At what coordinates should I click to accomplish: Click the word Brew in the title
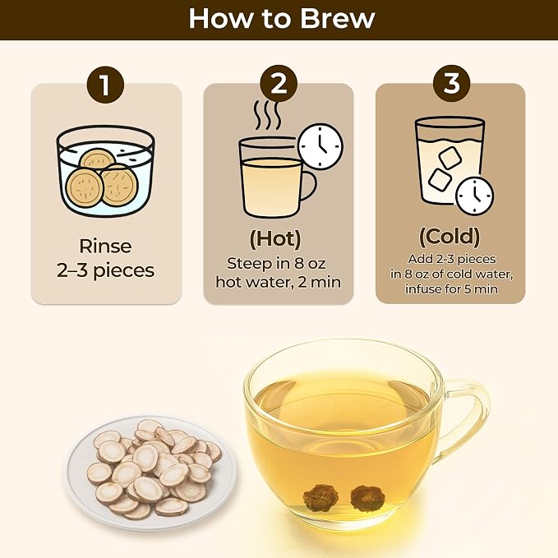point(338,19)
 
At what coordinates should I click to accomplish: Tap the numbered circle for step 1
point(105,85)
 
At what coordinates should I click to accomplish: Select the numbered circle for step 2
point(279,84)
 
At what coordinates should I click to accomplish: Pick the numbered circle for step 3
point(451,84)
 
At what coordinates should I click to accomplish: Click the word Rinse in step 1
point(105,247)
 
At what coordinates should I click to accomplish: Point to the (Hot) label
point(275,238)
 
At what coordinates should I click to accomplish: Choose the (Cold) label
point(450,237)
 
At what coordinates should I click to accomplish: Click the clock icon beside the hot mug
point(321,146)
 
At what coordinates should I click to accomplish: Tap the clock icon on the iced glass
point(475,196)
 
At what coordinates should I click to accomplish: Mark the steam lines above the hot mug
point(268,114)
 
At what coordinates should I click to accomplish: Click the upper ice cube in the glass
point(450,158)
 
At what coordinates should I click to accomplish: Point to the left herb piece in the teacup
point(316,497)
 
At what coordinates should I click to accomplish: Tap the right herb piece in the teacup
point(364,498)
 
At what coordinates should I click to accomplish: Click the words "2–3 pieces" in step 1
point(106,270)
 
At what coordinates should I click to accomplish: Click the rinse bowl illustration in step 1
point(106,171)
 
